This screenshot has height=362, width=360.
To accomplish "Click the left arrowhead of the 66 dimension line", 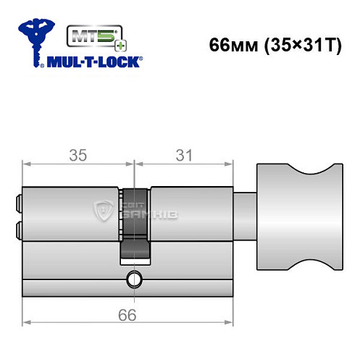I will click(27, 321).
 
